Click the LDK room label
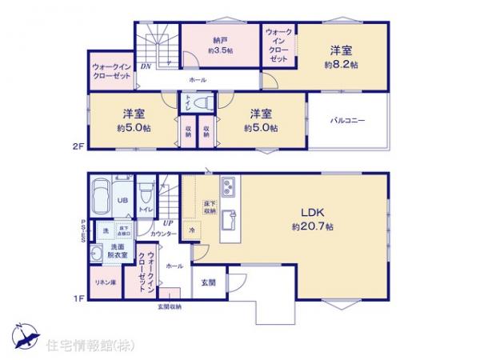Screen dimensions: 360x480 tap(312, 212)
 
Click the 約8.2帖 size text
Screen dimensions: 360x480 tap(335, 64)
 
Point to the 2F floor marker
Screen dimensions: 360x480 tap(78, 146)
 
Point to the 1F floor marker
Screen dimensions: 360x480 tap(78, 298)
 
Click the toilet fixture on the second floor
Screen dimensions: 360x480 tap(204, 102)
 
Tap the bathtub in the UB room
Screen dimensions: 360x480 tap(102, 195)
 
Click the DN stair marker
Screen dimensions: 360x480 tap(146, 67)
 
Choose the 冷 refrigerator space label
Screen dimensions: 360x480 tap(192, 230)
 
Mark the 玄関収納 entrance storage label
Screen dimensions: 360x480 tap(169, 306)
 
